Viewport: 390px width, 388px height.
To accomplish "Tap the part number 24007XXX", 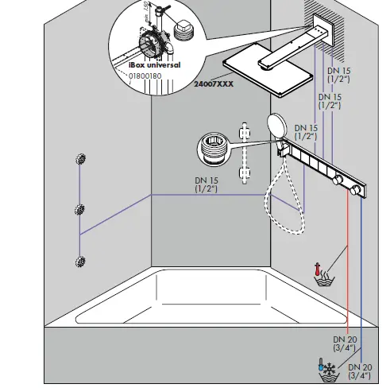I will (214, 82).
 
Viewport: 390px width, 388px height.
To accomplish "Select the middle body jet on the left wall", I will (79, 210).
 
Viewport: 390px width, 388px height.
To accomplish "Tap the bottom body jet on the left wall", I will (79, 261).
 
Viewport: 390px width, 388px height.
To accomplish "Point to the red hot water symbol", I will (324, 275).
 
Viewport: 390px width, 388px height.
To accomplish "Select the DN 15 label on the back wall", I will (207, 185).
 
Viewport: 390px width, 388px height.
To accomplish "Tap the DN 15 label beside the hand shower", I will (307, 132).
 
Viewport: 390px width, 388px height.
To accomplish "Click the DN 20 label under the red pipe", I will (345, 343).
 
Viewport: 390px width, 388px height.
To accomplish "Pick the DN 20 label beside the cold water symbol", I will (361, 371).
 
